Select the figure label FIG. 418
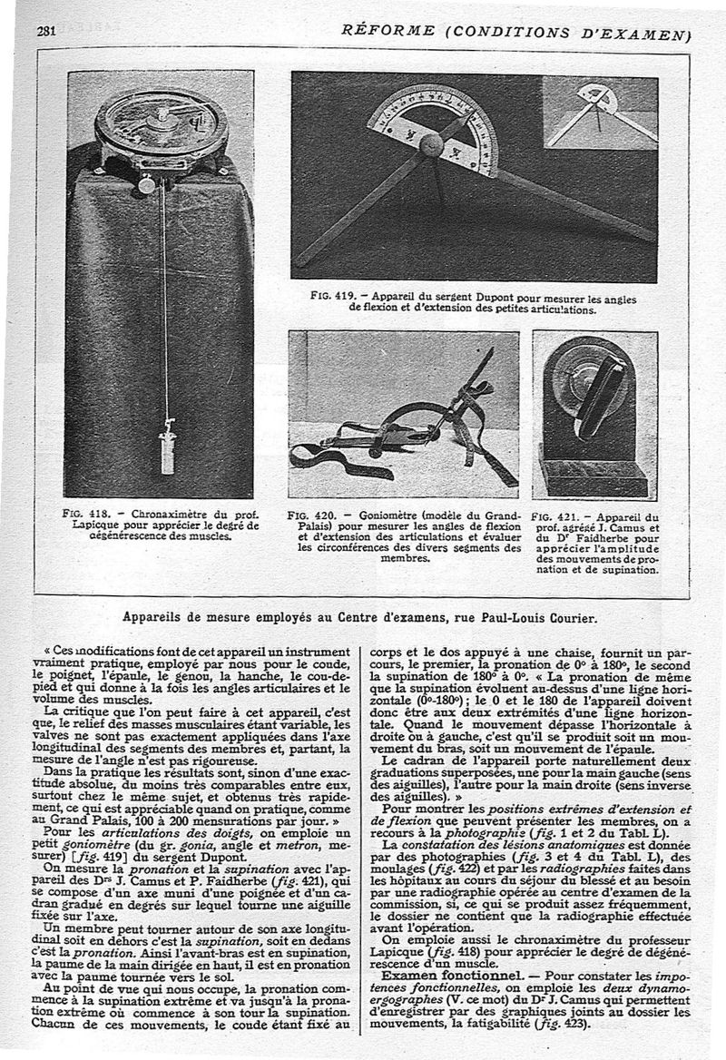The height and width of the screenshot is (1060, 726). coord(83,513)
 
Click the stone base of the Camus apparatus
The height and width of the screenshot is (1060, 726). coord(593,477)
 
